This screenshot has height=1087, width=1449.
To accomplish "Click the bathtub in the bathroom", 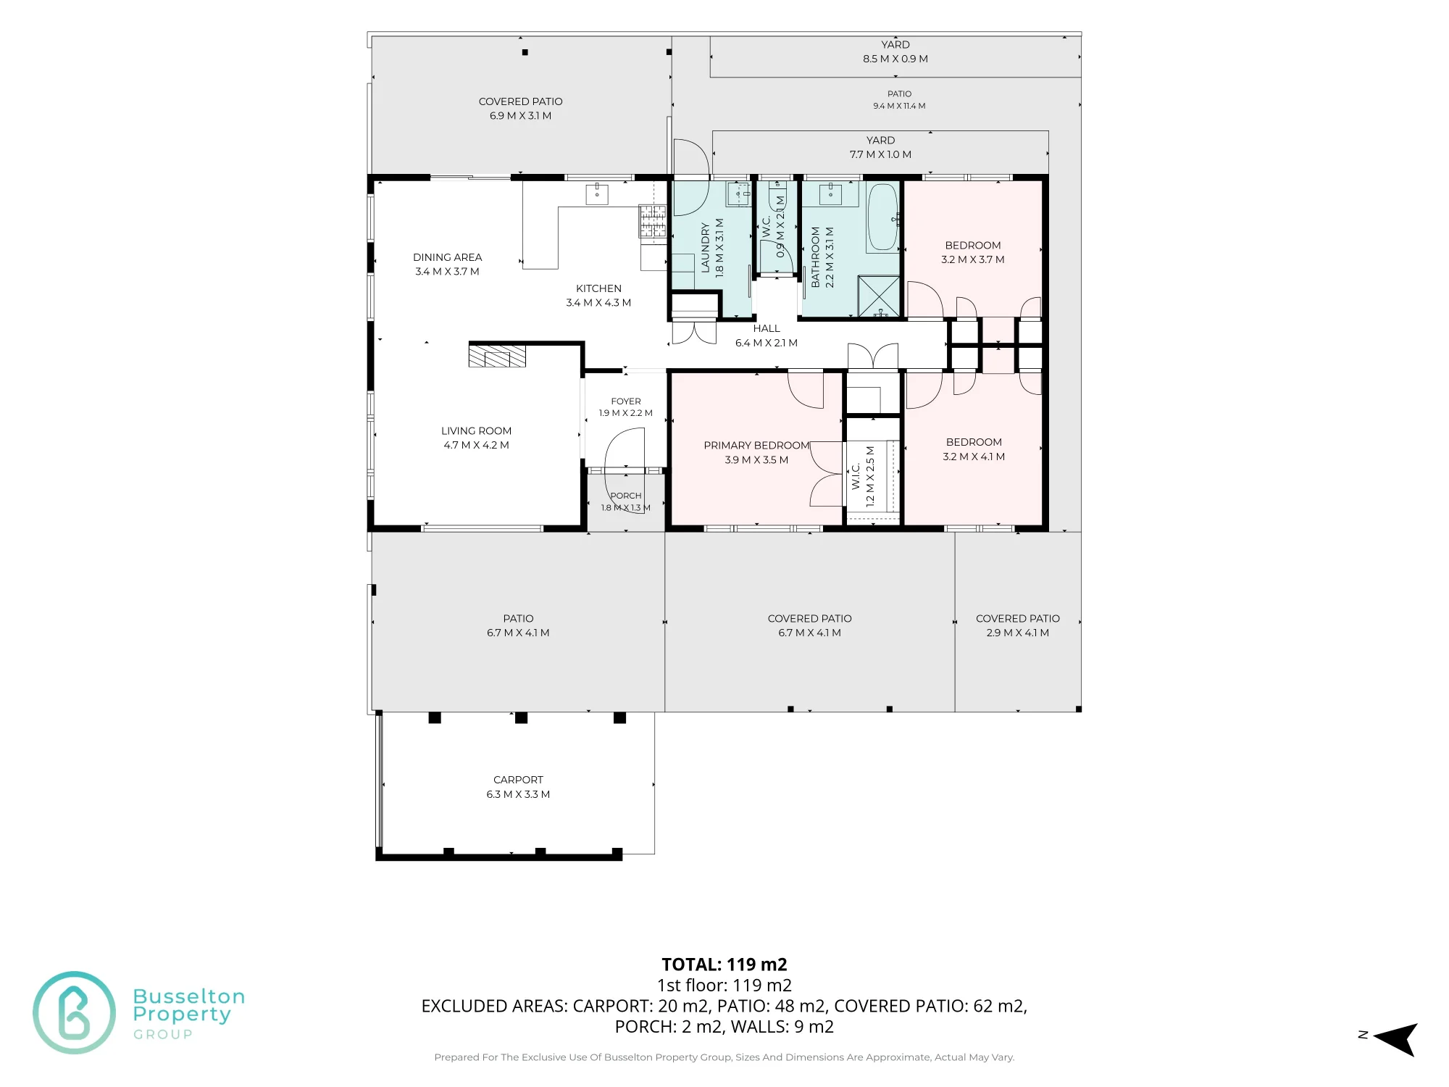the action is [882, 217].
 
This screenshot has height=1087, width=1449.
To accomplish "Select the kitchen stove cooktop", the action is [652, 221].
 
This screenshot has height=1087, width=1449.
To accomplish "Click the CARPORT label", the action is [518, 780].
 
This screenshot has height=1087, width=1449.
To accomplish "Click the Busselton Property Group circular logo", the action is [74, 1012].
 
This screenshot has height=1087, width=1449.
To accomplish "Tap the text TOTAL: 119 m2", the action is [724, 965].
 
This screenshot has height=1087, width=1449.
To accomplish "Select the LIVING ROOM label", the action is [476, 431].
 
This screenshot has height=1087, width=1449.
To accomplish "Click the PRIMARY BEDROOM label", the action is [756, 446].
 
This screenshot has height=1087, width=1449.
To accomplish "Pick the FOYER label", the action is [626, 401].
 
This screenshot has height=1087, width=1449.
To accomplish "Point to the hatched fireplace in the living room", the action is [497, 357].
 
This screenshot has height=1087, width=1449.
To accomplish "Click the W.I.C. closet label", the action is [856, 476].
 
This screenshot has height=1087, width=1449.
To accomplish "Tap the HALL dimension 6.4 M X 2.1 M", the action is [767, 343].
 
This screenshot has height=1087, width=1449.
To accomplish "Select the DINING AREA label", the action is [447, 257].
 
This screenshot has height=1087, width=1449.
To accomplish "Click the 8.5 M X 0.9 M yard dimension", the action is [895, 59].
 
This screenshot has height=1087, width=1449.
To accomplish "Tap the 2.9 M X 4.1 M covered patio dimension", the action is [1018, 633].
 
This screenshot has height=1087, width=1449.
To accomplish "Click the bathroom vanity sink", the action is [830, 193].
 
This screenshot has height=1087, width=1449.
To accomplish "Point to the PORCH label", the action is [626, 496].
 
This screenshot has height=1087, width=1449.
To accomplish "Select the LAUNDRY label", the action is [706, 248].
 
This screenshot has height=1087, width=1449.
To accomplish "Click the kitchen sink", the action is [597, 194].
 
